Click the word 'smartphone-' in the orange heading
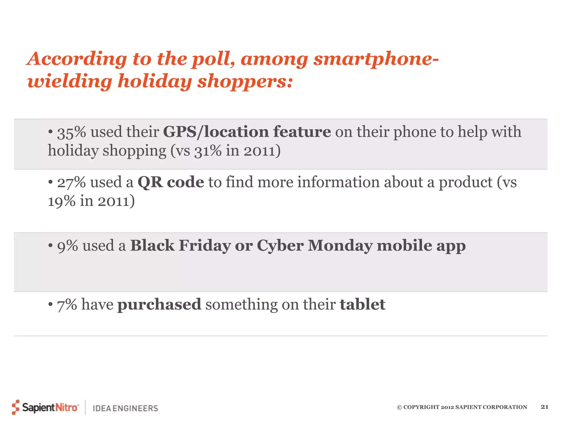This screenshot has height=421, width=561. [x=376, y=59]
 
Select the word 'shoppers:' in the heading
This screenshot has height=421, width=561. [x=245, y=82]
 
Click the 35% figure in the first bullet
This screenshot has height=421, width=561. [x=71, y=132]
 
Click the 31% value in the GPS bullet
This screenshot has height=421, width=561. [x=208, y=151]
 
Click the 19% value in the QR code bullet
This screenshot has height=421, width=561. [x=62, y=201]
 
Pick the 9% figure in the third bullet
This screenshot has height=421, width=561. [x=67, y=246]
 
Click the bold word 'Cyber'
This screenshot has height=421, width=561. [x=280, y=246]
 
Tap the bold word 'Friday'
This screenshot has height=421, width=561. [x=205, y=245]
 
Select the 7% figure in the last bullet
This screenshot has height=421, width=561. [x=67, y=305]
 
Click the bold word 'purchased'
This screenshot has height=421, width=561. [x=159, y=305]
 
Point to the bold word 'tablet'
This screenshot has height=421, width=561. [x=362, y=305]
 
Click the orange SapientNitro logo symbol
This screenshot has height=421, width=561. [x=16, y=407]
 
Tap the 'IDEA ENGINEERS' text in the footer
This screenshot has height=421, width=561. [x=125, y=408]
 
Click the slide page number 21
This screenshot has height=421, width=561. [x=545, y=407]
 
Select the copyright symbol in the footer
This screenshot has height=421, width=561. [x=399, y=407]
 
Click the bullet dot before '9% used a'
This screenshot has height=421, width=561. [x=50, y=245]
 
